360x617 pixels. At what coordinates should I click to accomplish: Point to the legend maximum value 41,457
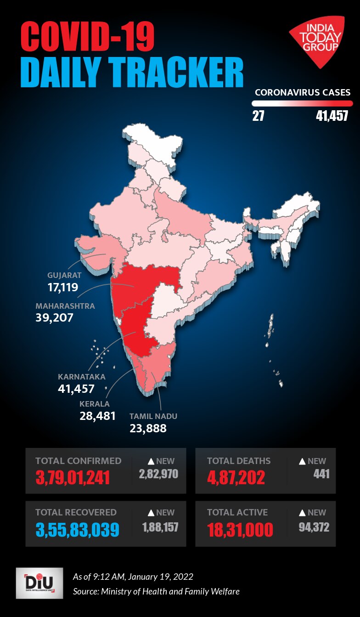tap(332, 116)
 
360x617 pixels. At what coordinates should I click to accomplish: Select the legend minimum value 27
tap(258, 116)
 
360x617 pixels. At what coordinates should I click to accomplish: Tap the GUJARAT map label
tap(64, 276)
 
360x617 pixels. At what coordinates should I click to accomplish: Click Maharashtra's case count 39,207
tap(54, 317)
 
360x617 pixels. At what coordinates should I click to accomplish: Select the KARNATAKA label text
tap(82, 377)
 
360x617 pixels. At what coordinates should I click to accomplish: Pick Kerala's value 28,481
tap(97, 416)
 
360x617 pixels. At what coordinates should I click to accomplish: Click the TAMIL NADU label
tap(153, 416)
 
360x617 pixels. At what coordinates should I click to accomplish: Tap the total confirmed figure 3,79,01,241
tap(73, 477)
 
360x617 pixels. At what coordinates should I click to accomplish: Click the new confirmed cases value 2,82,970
tap(158, 474)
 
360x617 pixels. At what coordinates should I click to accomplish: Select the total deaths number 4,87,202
tap(236, 477)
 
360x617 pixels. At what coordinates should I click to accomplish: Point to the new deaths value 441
tap(321, 474)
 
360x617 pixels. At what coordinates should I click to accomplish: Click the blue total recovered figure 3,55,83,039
tap(77, 529)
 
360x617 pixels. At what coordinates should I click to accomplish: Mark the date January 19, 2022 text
tap(160, 577)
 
